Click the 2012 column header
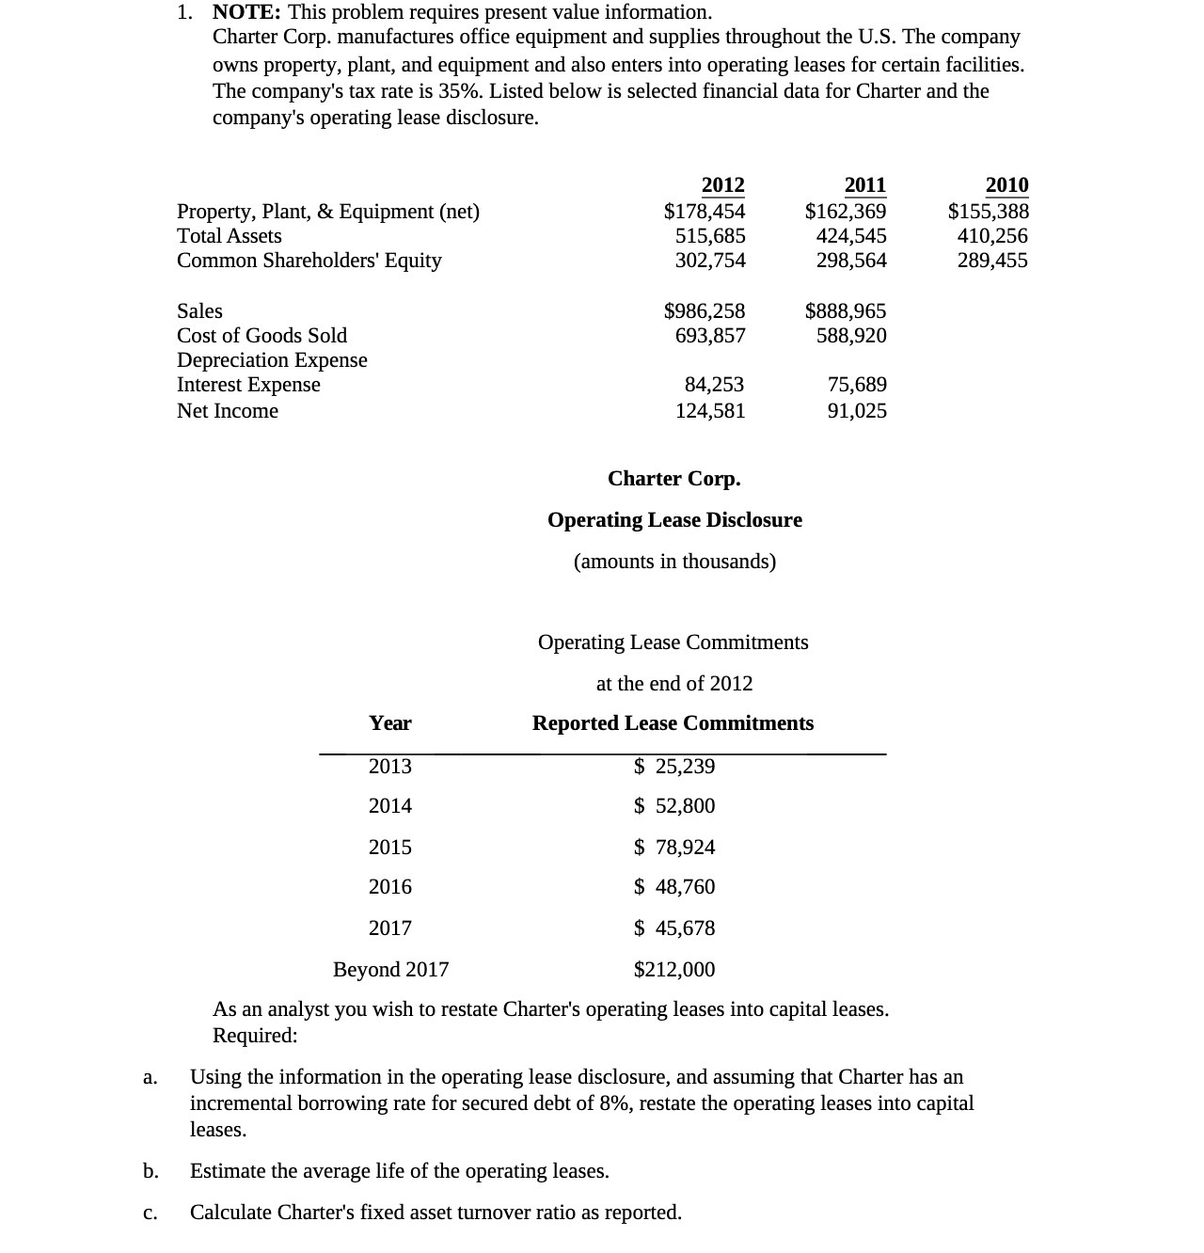click(722, 185)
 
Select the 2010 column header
click(1006, 185)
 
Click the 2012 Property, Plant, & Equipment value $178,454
click(705, 211)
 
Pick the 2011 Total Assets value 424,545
click(851, 236)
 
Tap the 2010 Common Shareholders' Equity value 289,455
click(992, 261)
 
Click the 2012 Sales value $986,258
click(705, 311)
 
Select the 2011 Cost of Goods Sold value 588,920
click(851, 336)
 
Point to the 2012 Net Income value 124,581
click(710, 411)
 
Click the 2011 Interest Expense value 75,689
click(857, 385)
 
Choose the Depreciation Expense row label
click(272, 360)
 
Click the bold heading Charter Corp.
click(673, 479)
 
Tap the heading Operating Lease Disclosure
click(674, 520)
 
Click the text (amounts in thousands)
click(674, 562)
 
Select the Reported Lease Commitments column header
click(673, 723)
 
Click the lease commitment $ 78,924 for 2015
click(674, 848)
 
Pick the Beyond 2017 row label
click(390, 970)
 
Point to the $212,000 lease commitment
click(674, 970)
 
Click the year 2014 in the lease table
click(390, 806)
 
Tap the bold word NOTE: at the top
click(246, 12)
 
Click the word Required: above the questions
click(255, 1036)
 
